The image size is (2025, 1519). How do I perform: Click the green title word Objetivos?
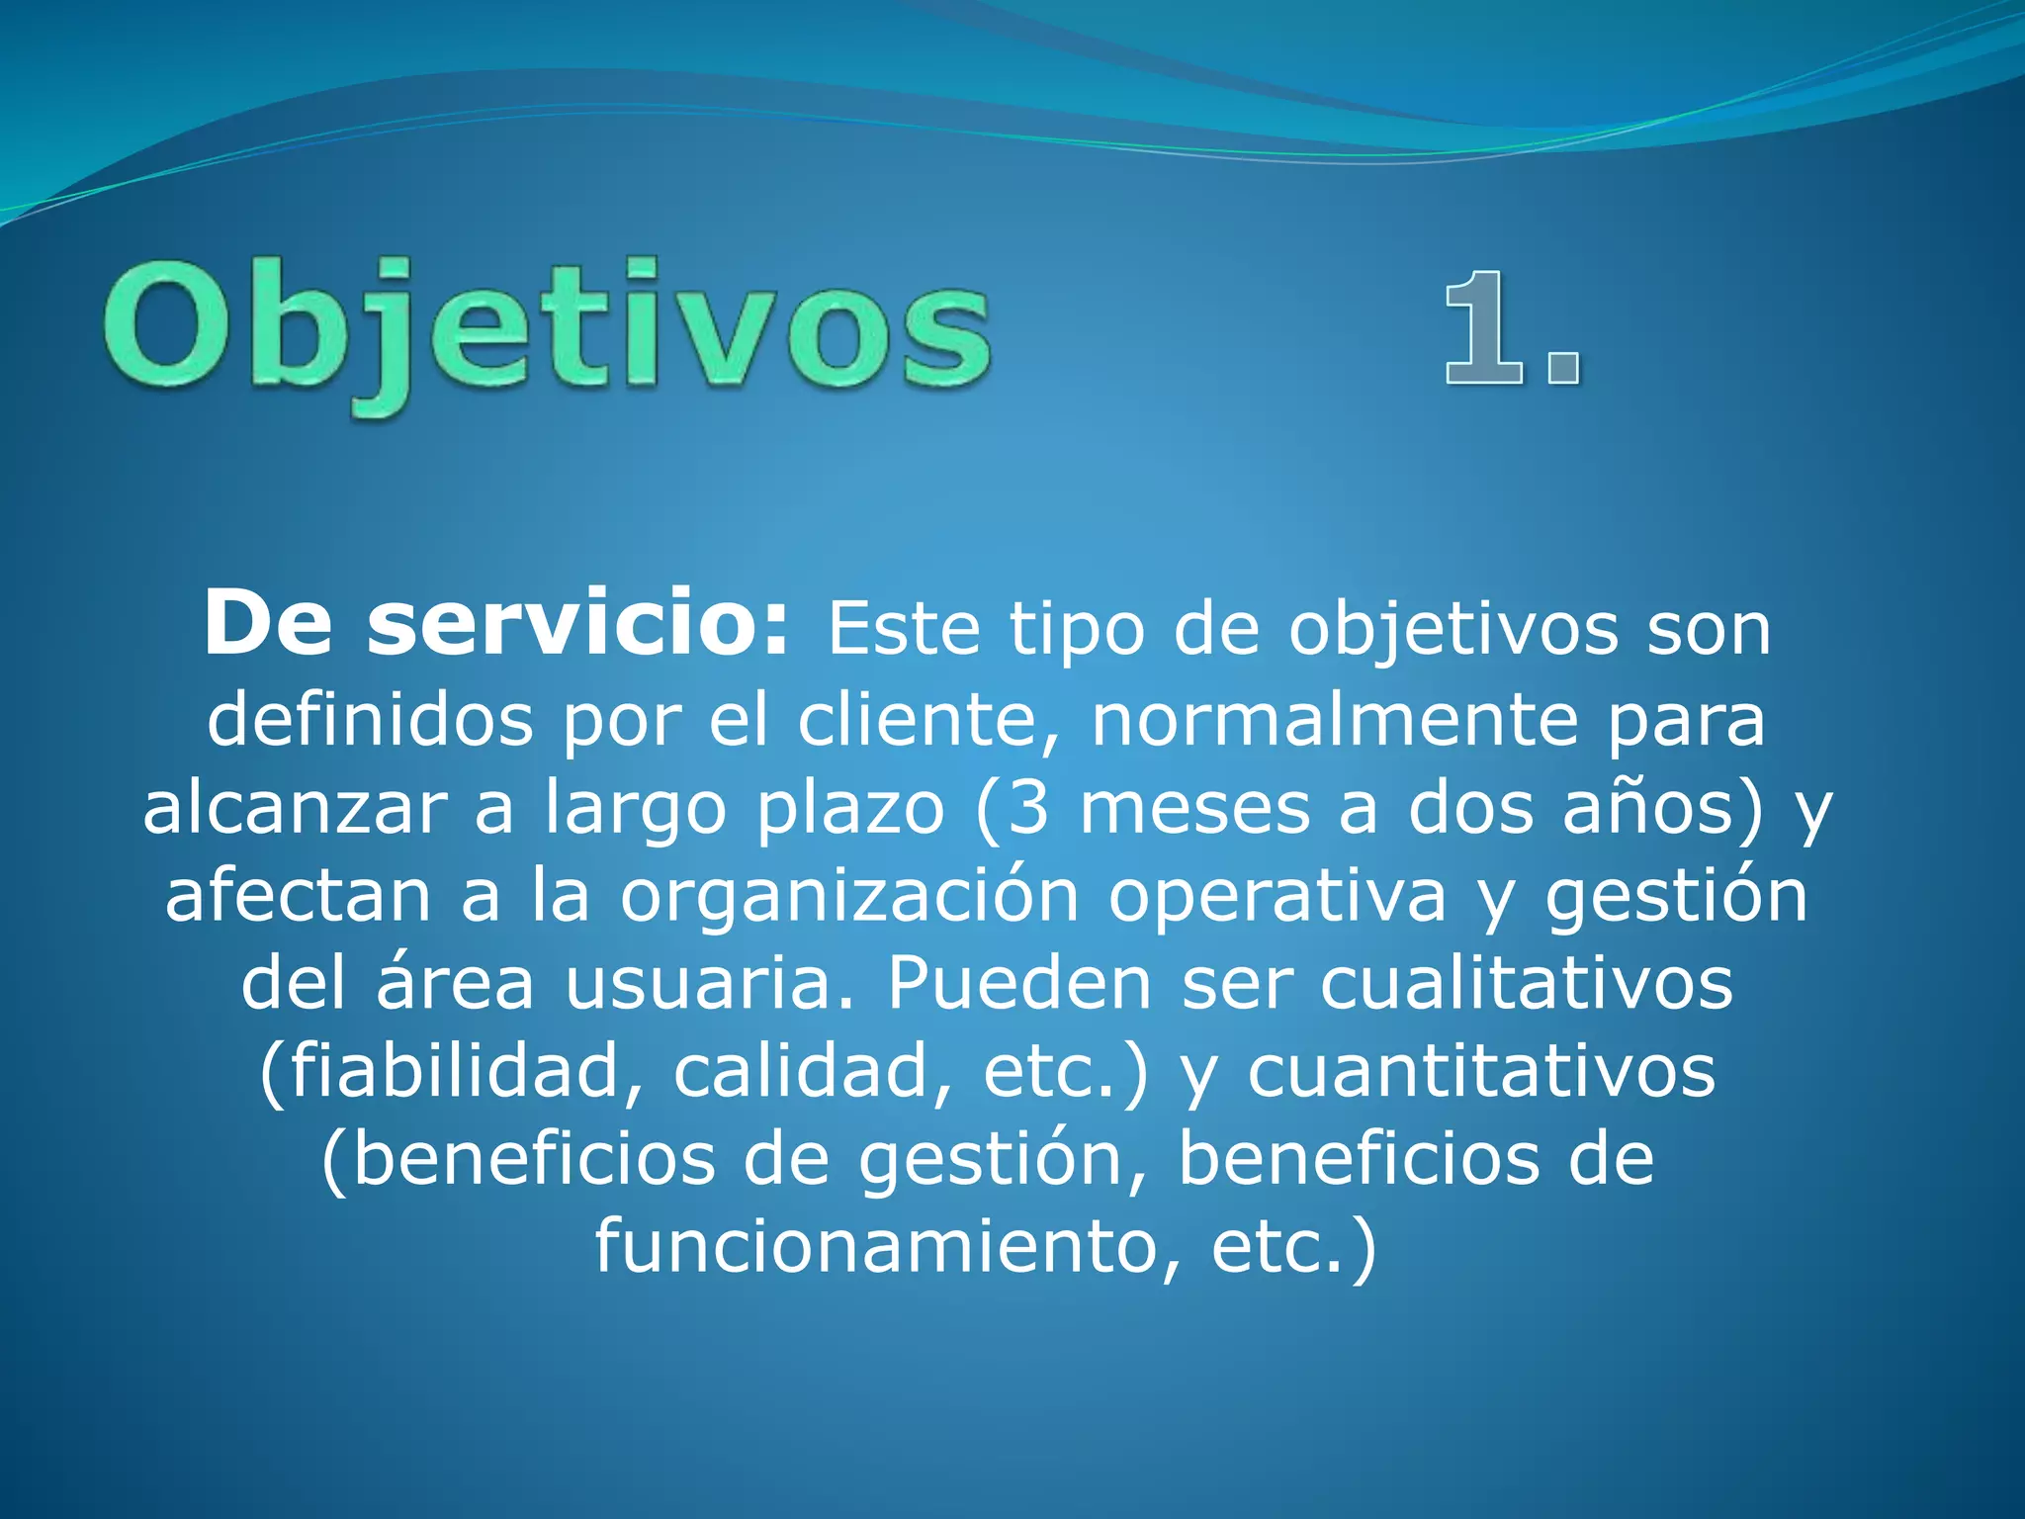pyautogui.click(x=547, y=331)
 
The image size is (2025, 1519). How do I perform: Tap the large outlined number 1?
pyautogui.click(x=1483, y=328)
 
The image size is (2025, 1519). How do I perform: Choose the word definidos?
pyautogui.click(x=370, y=720)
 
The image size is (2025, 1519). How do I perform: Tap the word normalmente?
pyautogui.click(x=1334, y=720)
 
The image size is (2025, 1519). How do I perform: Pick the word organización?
pyautogui.click(x=849, y=896)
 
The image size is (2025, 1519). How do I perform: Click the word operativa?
pyautogui.click(x=1277, y=896)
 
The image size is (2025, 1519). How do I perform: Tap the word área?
pyautogui.click(x=456, y=983)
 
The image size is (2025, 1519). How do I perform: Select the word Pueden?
pyautogui.click(x=1019, y=983)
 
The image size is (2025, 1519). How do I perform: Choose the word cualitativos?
pyautogui.click(x=1527, y=983)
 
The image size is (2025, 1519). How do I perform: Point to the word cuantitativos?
pyautogui.click(x=1481, y=1071)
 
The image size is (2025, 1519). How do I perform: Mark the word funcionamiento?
pyautogui.click(x=874, y=1246)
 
